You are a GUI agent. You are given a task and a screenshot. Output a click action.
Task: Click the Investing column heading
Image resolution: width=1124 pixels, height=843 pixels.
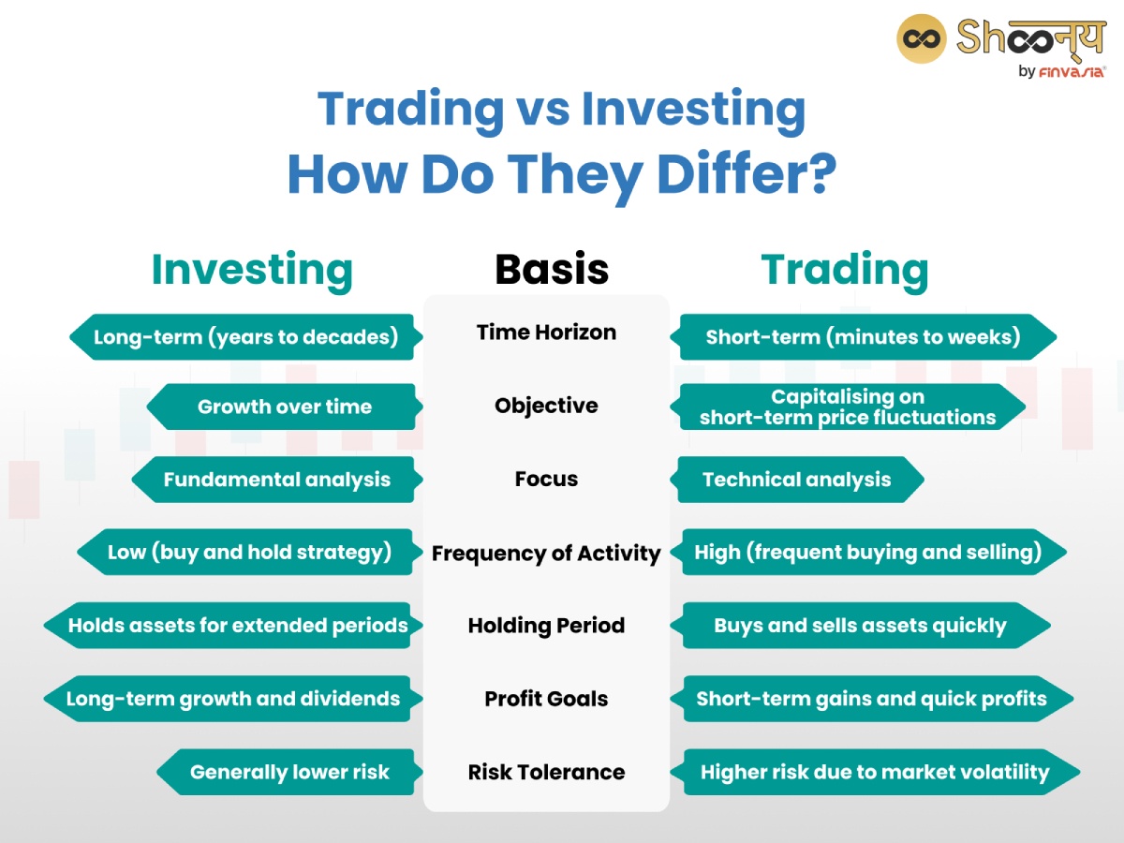coord(252,270)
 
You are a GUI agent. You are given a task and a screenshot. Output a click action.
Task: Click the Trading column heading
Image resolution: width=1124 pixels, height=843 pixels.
coord(845,270)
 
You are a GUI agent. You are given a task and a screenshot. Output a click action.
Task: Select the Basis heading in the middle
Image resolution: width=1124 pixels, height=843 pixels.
coord(552,270)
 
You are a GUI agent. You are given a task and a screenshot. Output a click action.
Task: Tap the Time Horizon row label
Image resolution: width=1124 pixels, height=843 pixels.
coord(546,333)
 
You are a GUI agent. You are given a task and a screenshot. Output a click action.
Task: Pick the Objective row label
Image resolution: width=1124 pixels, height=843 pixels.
coord(546,406)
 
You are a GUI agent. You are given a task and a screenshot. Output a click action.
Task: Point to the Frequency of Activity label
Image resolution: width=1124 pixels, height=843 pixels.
coord(546,554)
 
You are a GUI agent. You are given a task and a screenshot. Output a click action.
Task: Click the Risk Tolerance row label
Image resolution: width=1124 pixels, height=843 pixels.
coord(546,773)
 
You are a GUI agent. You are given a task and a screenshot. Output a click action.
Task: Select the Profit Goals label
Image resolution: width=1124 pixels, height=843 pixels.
coord(546,699)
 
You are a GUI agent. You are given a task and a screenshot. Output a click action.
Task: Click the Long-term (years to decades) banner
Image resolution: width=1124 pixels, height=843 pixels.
coord(245,337)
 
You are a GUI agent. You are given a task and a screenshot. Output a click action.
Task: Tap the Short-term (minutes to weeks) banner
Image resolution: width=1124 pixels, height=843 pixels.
coord(863,337)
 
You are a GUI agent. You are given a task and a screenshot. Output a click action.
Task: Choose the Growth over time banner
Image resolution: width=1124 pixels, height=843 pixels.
coord(284,407)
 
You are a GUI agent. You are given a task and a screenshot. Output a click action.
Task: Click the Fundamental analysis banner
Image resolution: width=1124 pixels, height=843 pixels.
coord(276,480)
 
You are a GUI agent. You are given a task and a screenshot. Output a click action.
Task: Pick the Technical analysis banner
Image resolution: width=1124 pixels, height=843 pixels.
coord(797,480)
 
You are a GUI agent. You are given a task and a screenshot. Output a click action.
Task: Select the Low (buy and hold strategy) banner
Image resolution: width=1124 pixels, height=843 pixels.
coord(249,553)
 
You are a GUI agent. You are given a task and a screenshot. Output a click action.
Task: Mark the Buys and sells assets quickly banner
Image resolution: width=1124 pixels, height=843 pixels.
coord(860,626)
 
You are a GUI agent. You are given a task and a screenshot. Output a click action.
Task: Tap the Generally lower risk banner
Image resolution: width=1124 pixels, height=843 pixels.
coord(289,773)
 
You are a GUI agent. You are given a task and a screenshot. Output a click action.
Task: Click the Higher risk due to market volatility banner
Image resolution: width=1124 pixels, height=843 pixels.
coord(875,773)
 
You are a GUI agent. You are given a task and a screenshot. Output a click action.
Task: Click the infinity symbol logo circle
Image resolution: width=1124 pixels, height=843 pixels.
coord(922,38)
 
